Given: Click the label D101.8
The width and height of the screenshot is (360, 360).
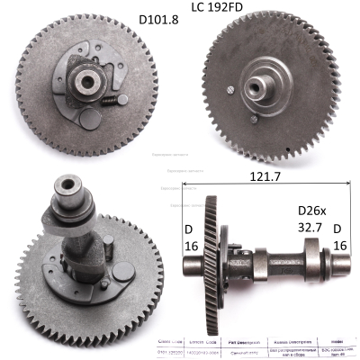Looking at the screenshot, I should click(158, 20).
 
